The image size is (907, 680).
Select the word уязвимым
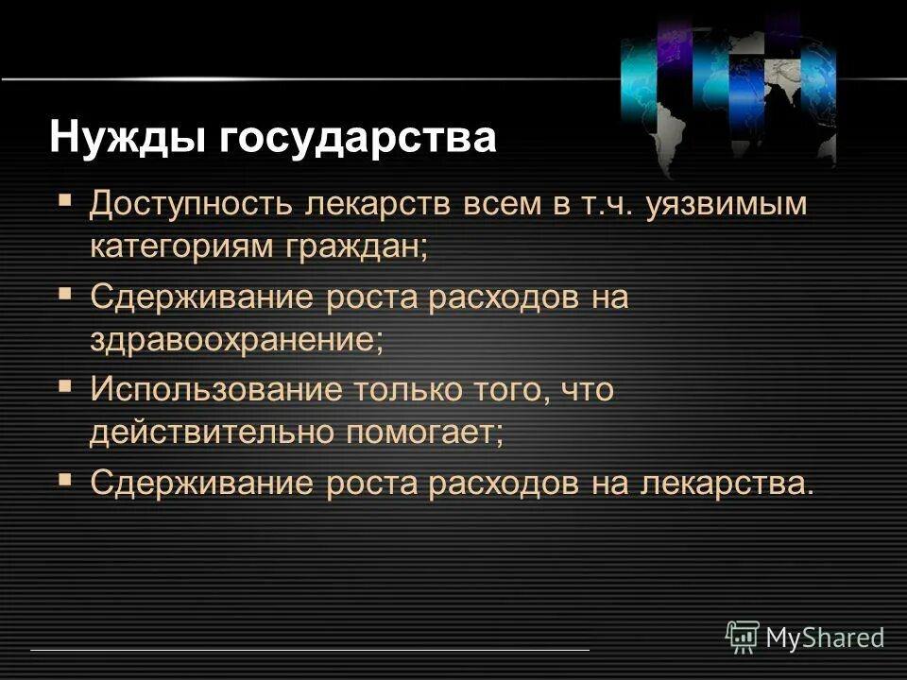coord(727,205)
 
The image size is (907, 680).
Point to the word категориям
coord(179,247)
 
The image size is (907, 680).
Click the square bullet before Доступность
coord(65,201)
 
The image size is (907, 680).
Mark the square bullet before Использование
coord(65,385)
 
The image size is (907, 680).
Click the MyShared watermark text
coord(825,637)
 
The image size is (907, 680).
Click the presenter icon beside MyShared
coord(743,637)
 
